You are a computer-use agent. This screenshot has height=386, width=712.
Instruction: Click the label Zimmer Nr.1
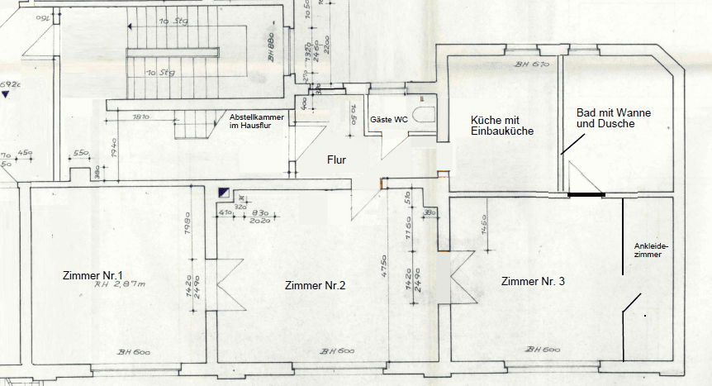(x=93, y=274)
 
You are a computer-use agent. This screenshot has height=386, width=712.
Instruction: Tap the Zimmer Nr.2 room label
(x=315, y=286)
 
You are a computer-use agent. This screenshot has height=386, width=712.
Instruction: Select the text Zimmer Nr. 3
(x=533, y=282)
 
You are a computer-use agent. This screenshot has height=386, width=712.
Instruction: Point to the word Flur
(x=336, y=160)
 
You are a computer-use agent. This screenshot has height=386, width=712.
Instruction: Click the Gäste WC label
(x=389, y=120)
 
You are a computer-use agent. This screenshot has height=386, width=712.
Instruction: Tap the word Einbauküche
(x=502, y=131)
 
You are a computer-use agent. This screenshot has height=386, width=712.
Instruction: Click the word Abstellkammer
(x=257, y=118)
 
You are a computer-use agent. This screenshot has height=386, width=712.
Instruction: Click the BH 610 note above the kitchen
(x=531, y=64)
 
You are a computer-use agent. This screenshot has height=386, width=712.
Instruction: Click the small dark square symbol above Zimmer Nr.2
(x=224, y=192)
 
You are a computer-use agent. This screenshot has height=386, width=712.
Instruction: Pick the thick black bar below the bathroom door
(x=586, y=195)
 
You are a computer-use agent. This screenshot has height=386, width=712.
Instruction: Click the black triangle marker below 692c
(x=7, y=96)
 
